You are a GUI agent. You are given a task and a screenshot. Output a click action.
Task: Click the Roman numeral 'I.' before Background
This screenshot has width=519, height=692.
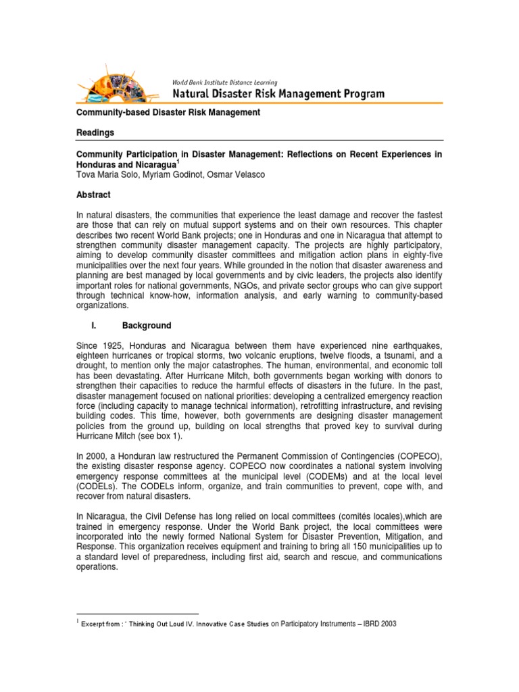coord(94,325)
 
